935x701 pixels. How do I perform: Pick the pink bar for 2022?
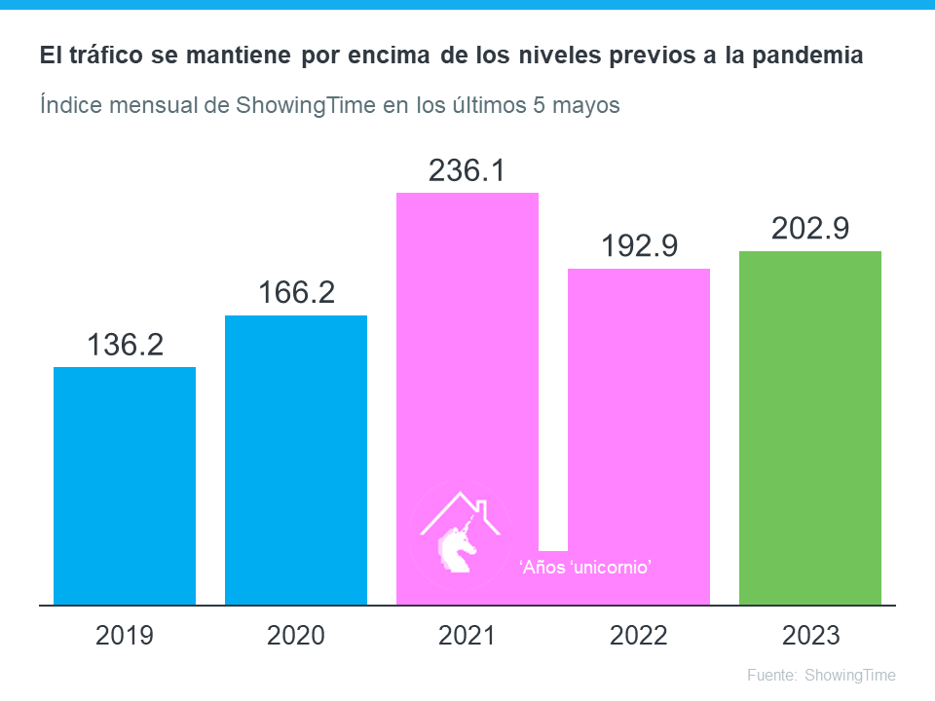pyautogui.click(x=639, y=409)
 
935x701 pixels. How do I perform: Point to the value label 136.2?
pyautogui.click(x=125, y=345)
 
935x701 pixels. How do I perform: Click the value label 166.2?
pyautogui.click(x=296, y=293)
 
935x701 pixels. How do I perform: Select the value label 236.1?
pyautogui.click(x=467, y=170)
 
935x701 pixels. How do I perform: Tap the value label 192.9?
pyautogui.click(x=639, y=245)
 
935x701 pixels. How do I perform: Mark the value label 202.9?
pyautogui.click(x=810, y=228)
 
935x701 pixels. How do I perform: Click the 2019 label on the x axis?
pyautogui.click(x=125, y=636)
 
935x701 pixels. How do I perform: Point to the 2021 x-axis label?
pyautogui.click(x=467, y=636)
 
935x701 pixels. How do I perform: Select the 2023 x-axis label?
pyautogui.click(x=810, y=636)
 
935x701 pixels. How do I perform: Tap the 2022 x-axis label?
pyautogui.click(x=639, y=636)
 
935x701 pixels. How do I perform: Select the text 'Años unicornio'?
pyautogui.click(x=584, y=567)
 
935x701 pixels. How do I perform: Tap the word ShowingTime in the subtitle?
pyautogui.click(x=305, y=104)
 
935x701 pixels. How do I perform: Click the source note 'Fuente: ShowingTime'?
pyautogui.click(x=821, y=675)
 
